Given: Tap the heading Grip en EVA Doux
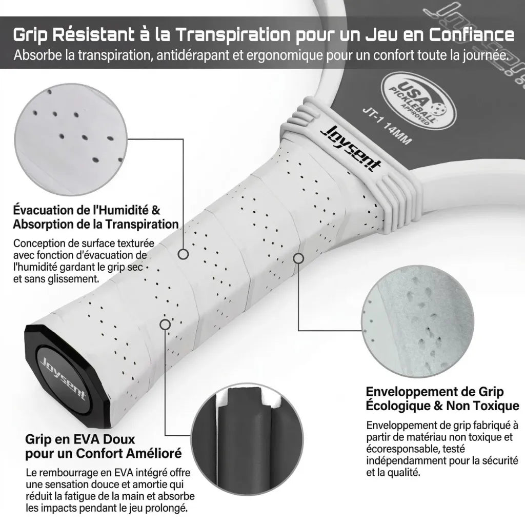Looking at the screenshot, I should pyautogui.click(x=80, y=440).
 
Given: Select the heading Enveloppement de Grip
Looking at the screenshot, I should pyautogui.click(x=435, y=392).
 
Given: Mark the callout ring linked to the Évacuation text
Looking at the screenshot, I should pyautogui.click(x=183, y=254).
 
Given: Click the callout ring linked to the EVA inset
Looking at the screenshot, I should pyautogui.click(x=165, y=324).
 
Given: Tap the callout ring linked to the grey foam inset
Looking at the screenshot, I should pyautogui.click(x=298, y=258).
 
